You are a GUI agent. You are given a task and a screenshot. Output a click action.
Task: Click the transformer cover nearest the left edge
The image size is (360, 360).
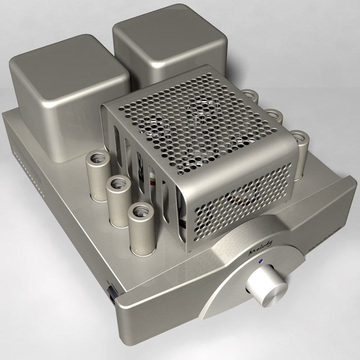point(68,97)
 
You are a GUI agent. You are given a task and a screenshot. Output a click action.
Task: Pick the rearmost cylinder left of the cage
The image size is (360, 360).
point(99,177)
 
